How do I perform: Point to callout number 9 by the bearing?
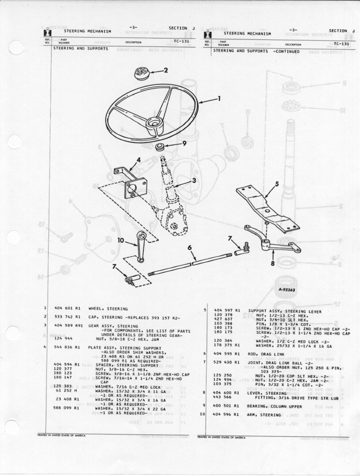click(x=184, y=143)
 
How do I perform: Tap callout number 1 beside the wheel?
click(x=218, y=99)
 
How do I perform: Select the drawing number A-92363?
click(x=286, y=290)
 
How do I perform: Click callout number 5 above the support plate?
click(x=277, y=184)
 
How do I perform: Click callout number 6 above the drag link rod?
click(x=190, y=248)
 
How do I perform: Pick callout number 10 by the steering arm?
click(x=121, y=240)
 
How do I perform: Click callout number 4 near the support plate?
click(x=138, y=160)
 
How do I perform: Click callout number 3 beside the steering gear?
click(x=194, y=180)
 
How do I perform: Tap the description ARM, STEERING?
click(x=265, y=415)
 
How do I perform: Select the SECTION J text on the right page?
click(x=341, y=31)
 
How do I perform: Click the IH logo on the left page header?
click(x=47, y=33)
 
